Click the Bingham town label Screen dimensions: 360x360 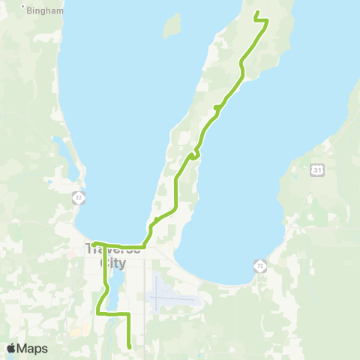tap(45, 11)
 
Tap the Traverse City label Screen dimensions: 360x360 tap(112, 256)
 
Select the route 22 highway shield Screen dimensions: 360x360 tap(79, 197)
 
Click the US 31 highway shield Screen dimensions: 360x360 tap(318, 171)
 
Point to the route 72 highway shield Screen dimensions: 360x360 tap(259, 266)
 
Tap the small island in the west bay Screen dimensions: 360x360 tap(172, 25)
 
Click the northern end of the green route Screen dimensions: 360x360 tap(257, 12)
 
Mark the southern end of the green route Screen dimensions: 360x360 tap(130, 346)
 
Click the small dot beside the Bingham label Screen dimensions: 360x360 tap(25, 10)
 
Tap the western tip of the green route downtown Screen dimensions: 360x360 tap(94, 242)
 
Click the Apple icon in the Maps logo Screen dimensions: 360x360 tap(11, 348)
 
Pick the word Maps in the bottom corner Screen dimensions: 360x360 tap(33, 348)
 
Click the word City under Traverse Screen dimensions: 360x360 tap(112, 263)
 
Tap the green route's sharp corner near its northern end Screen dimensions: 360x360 tap(268, 20)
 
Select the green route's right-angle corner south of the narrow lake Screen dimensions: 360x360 tap(129, 313)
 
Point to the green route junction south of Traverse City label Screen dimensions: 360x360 tap(104, 246)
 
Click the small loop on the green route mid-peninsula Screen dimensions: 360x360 tap(194, 154)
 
